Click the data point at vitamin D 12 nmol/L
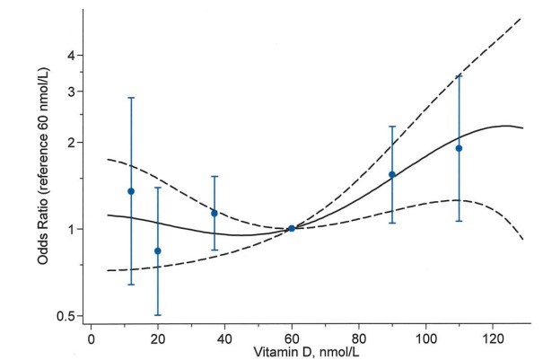131,191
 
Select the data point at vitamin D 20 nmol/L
158,251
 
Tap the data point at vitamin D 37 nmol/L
215,213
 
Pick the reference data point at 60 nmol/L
292,228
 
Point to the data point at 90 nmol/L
392,174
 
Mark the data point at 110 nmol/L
459,148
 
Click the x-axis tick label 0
92,340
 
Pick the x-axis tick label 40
224,340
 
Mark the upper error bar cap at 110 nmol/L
459,75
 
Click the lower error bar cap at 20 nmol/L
158,315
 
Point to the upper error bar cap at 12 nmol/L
131,97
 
